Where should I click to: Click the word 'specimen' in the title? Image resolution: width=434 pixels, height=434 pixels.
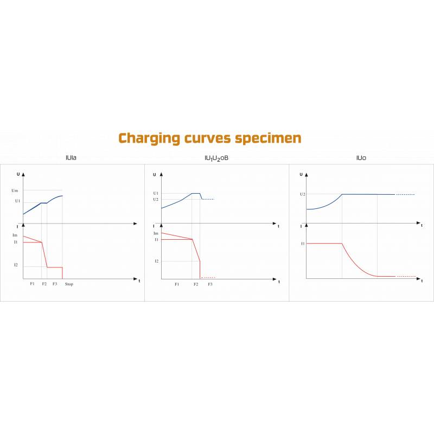pyautogui.click(x=268, y=138)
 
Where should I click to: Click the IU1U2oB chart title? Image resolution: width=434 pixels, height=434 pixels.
pyautogui.click(x=217, y=158)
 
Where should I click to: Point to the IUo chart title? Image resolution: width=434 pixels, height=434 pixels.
pyautogui.click(x=361, y=158)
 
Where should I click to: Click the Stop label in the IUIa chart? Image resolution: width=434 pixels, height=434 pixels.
pyautogui.click(x=69, y=284)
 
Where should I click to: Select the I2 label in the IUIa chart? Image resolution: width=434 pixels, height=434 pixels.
pyautogui.click(x=16, y=265)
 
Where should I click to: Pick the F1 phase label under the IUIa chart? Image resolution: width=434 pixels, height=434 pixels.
pyautogui.click(x=33, y=284)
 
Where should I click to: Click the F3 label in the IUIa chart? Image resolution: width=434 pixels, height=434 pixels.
pyautogui.click(x=55, y=284)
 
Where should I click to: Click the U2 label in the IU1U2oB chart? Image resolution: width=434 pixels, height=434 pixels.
pyautogui.click(x=156, y=199)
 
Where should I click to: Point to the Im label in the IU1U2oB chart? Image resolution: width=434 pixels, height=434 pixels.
pyautogui.click(x=156, y=233)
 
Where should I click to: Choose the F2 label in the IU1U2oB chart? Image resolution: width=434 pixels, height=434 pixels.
pyautogui.click(x=196, y=284)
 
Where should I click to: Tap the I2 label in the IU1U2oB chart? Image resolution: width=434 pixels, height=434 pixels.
pyautogui.click(x=156, y=261)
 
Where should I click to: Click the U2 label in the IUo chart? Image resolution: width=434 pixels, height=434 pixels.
pyautogui.click(x=303, y=194)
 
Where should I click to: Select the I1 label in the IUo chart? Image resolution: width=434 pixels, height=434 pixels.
pyautogui.click(x=303, y=244)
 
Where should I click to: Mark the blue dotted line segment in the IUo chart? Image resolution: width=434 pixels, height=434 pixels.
pyautogui.click(x=405, y=194)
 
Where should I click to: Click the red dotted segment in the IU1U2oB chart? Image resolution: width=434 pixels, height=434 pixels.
pyautogui.click(x=208, y=277)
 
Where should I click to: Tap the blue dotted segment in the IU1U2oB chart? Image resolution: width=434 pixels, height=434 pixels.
pyautogui.click(x=208, y=199)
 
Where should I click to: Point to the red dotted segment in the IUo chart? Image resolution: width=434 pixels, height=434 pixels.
pyautogui.click(x=406, y=276)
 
